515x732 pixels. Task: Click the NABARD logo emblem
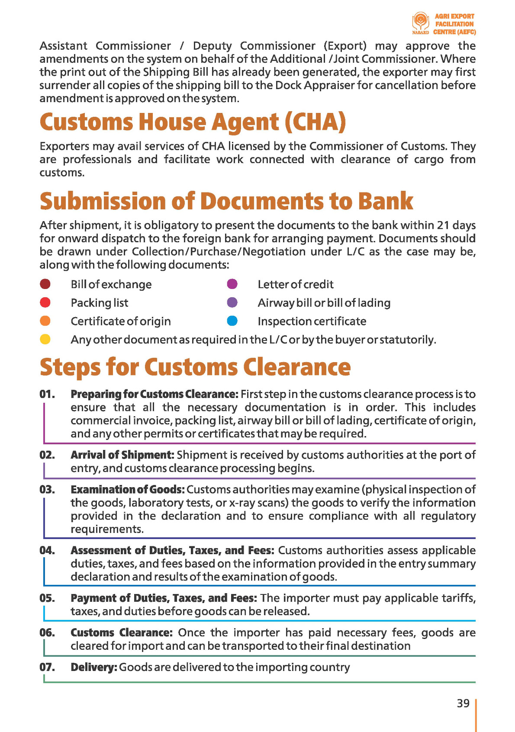pyautogui.click(x=420, y=21)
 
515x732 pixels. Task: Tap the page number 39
pyautogui.click(x=463, y=703)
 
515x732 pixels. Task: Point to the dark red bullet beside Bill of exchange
pyautogui.click(x=45, y=284)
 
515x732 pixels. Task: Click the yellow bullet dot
pyautogui.click(x=45, y=339)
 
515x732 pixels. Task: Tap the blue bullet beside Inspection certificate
pyautogui.click(x=232, y=321)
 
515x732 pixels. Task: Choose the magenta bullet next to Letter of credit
pyautogui.click(x=232, y=284)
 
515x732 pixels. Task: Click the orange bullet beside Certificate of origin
pyautogui.click(x=45, y=321)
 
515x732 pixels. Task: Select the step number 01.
pyautogui.click(x=47, y=394)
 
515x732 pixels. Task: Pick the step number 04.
pyautogui.click(x=47, y=550)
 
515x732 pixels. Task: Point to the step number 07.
pyautogui.click(x=47, y=667)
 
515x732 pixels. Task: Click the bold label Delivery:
pyautogui.click(x=94, y=667)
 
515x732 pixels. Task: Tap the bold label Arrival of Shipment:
pyautogui.click(x=122, y=455)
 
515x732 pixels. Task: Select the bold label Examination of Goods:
pyautogui.click(x=128, y=490)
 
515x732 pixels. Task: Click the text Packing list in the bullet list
pyautogui.click(x=100, y=303)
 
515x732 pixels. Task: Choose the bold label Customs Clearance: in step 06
pyautogui.click(x=122, y=632)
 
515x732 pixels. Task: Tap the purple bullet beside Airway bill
pyautogui.click(x=232, y=302)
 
